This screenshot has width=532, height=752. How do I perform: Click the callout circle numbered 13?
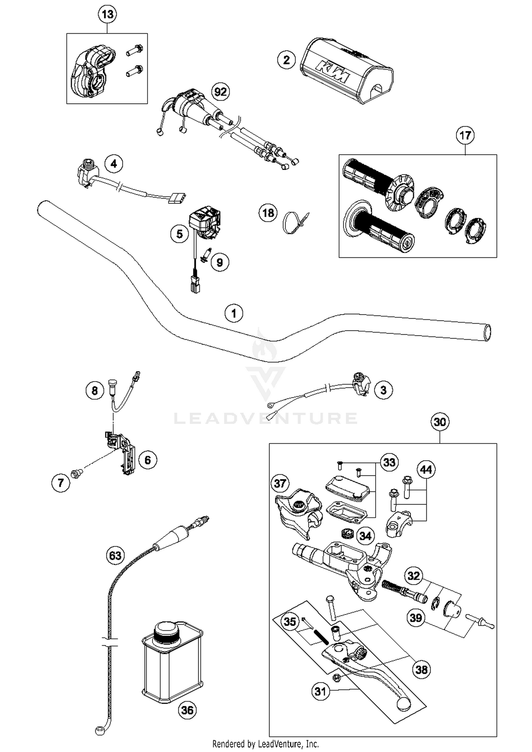tap(107, 15)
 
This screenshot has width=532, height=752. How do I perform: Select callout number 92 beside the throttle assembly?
tap(220, 92)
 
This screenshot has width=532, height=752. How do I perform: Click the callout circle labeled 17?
tap(465, 135)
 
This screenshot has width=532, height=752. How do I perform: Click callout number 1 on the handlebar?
tap(234, 313)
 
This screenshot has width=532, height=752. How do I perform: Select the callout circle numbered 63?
tap(115, 555)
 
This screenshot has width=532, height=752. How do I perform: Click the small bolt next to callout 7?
tap(77, 472)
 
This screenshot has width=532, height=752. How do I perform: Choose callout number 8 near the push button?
tap(95, 391)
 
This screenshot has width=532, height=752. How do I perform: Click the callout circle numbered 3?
tap(383, 390)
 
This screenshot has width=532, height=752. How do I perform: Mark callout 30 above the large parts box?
tap(440, 422)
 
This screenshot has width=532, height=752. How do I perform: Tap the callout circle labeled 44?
tap(426, 470)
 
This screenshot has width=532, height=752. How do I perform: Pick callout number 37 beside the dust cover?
tap(280, 483)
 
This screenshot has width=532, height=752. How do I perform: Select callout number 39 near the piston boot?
tap(416, 618)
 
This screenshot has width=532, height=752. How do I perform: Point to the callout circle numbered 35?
tap(290, 622)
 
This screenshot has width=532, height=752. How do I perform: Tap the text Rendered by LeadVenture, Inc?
tap(265, 743)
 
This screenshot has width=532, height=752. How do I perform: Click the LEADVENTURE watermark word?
tap(265, 418)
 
